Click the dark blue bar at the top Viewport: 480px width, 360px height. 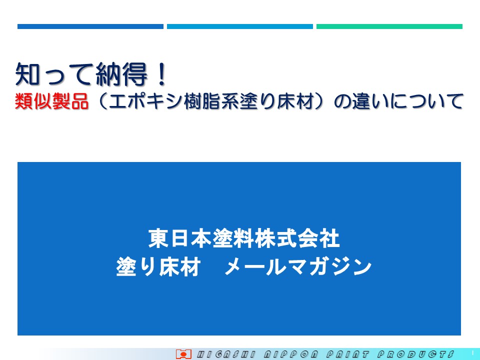[90, 26]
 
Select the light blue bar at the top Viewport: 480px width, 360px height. [239, 26]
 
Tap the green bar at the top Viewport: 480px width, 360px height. [389, 26]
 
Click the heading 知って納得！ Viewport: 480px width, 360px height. [91, 74]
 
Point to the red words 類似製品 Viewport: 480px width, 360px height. [51, 101]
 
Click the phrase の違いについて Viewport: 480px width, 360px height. [398, 101]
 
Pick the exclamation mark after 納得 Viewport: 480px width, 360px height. [161, 74]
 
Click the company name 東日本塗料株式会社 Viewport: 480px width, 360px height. [244, 238]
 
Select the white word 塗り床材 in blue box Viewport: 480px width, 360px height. [158, 267]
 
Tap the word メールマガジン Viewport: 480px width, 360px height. [298, 267]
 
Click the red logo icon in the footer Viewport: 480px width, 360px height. [183, 354]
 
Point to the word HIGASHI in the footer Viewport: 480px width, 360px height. [226, 354]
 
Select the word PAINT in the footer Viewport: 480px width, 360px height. [347, 354]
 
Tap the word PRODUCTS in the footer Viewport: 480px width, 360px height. [415, 354]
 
